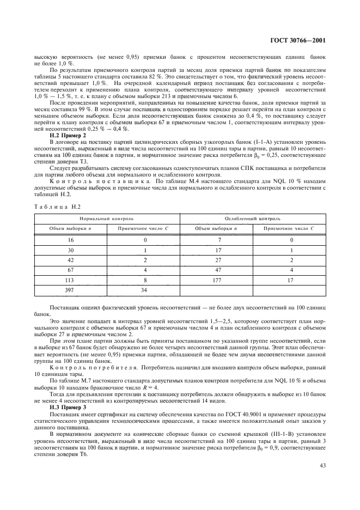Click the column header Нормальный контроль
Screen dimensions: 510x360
(107, 217)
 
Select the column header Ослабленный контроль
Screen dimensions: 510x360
(252, 217)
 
